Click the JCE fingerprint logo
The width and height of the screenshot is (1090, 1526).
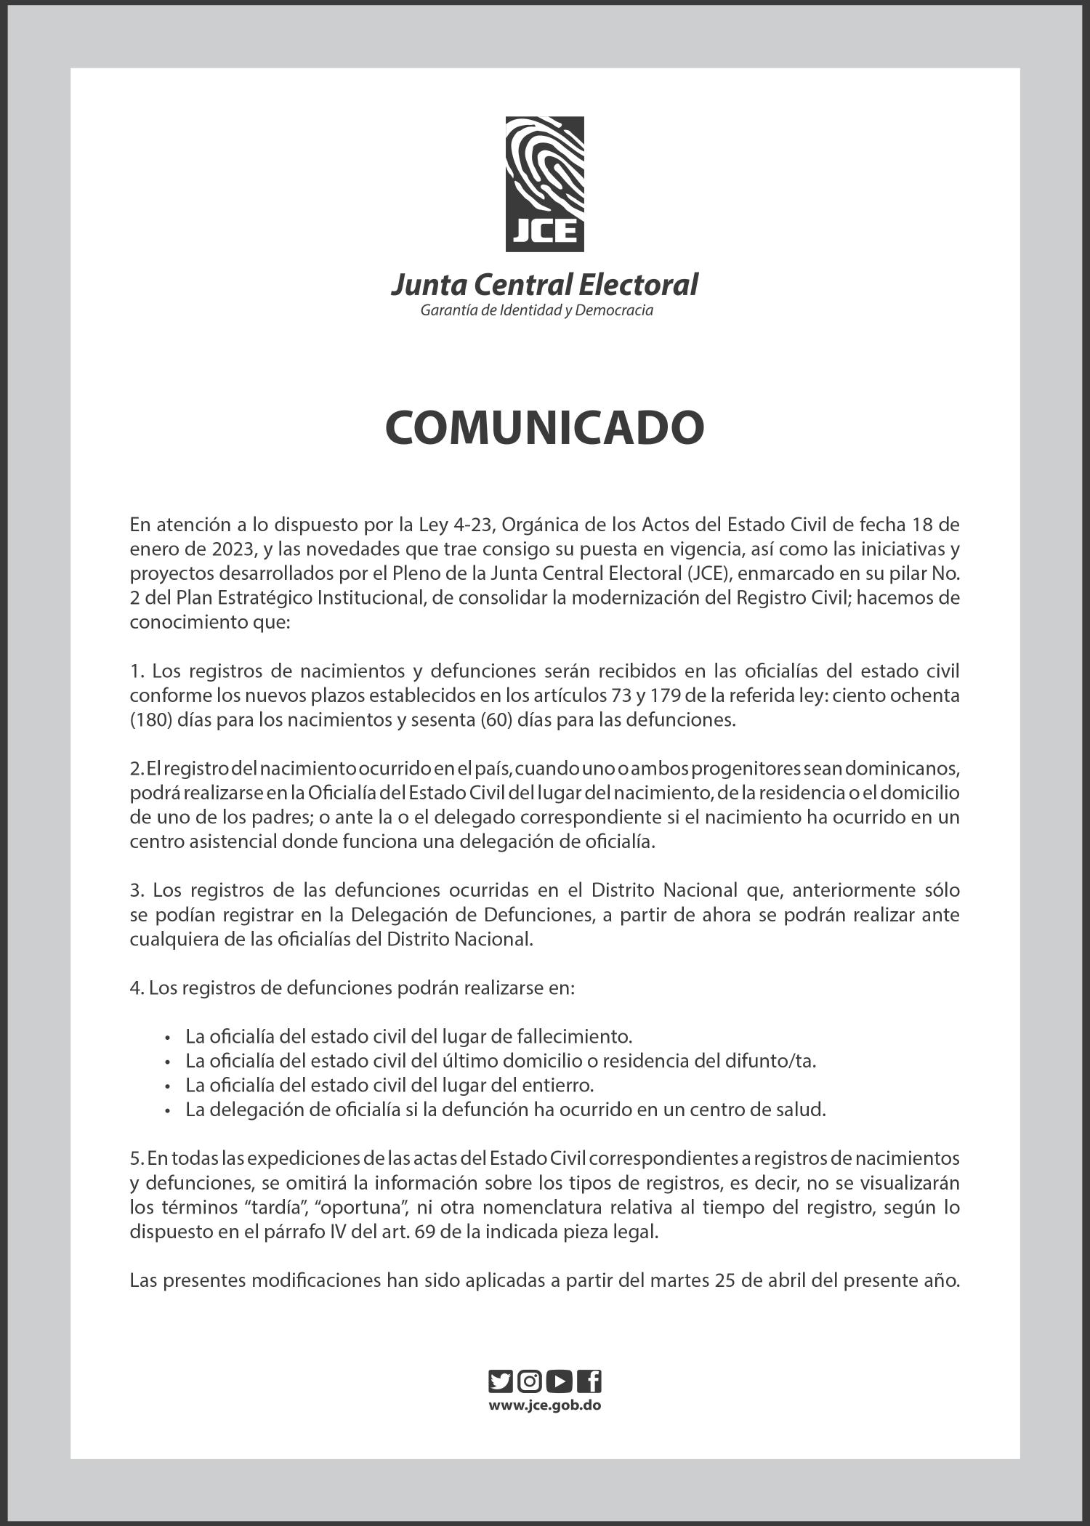[544, 184]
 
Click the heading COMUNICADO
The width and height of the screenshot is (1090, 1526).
[544, 428]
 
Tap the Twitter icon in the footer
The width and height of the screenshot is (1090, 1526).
[501, 1381]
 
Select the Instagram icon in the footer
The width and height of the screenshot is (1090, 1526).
[530, 1381]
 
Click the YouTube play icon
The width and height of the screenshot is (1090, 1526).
[560, 1381]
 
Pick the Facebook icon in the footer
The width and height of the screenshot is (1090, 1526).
[589, 1381]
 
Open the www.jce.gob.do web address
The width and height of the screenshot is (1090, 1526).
[544, 1405]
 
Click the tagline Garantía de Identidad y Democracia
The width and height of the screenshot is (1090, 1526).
[537, 311]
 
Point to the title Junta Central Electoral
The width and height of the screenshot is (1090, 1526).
[544, 284]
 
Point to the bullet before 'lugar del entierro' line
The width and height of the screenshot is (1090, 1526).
[169, 1087]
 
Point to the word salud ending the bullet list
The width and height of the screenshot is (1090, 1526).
[804, 1110]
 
